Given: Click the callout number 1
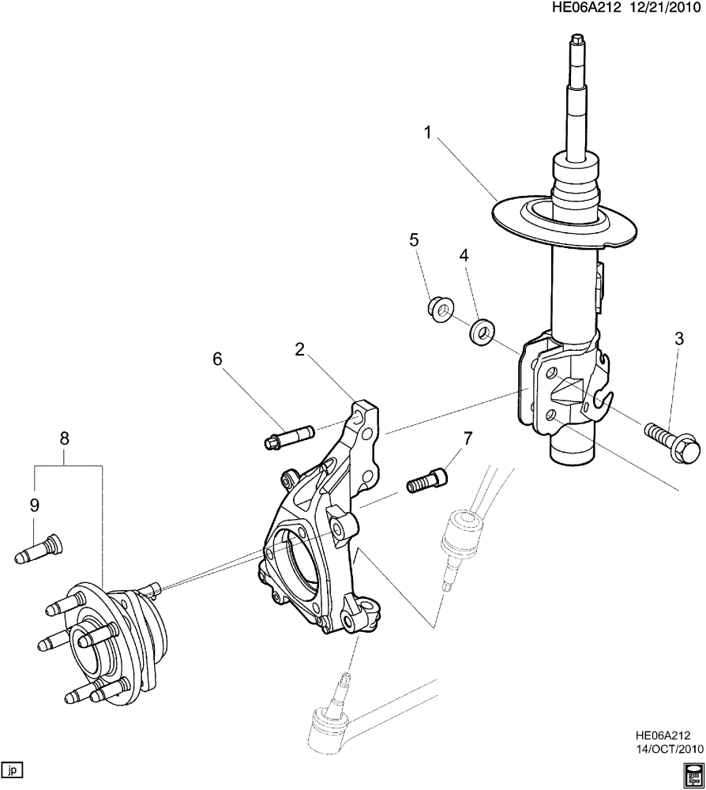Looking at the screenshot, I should (427, 133).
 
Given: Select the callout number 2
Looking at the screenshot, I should (299, 348).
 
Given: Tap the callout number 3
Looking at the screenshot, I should (678, 340).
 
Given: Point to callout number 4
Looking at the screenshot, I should (464, 255).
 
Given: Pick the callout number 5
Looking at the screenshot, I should (414, 239).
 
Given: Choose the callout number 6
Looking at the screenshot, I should (216, 359).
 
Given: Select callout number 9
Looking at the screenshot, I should (32, 504).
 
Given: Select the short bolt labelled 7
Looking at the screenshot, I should (427, 479).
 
